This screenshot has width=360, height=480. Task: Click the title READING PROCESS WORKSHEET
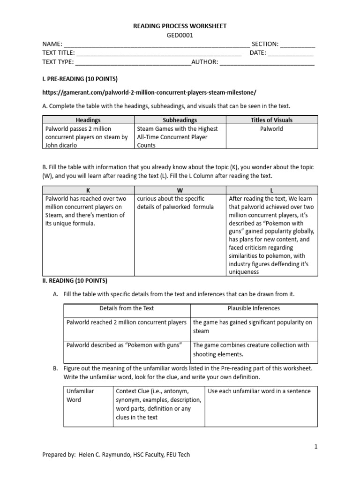(x=180, y=26)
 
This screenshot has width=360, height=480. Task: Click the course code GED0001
(x=180, y=35)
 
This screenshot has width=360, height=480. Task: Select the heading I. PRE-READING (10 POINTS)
(x=80, y=78)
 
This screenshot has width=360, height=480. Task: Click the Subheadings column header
(x=180, y=120)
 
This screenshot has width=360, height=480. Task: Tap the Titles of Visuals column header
(x=271, y=120)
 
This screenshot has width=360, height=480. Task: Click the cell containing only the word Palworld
(x=271, y=129)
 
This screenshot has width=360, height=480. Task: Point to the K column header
(x=88, y=190)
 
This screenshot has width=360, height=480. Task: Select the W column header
(x=180, y=190)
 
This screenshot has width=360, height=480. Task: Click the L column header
(x=271, y=190)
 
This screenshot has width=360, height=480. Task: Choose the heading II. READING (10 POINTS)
(x=75, y=281)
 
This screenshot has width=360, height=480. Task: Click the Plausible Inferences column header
(x=254, y=308)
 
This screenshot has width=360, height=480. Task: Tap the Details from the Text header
(x=127, y=308)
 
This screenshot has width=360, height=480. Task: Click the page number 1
(x=316, y=447)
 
